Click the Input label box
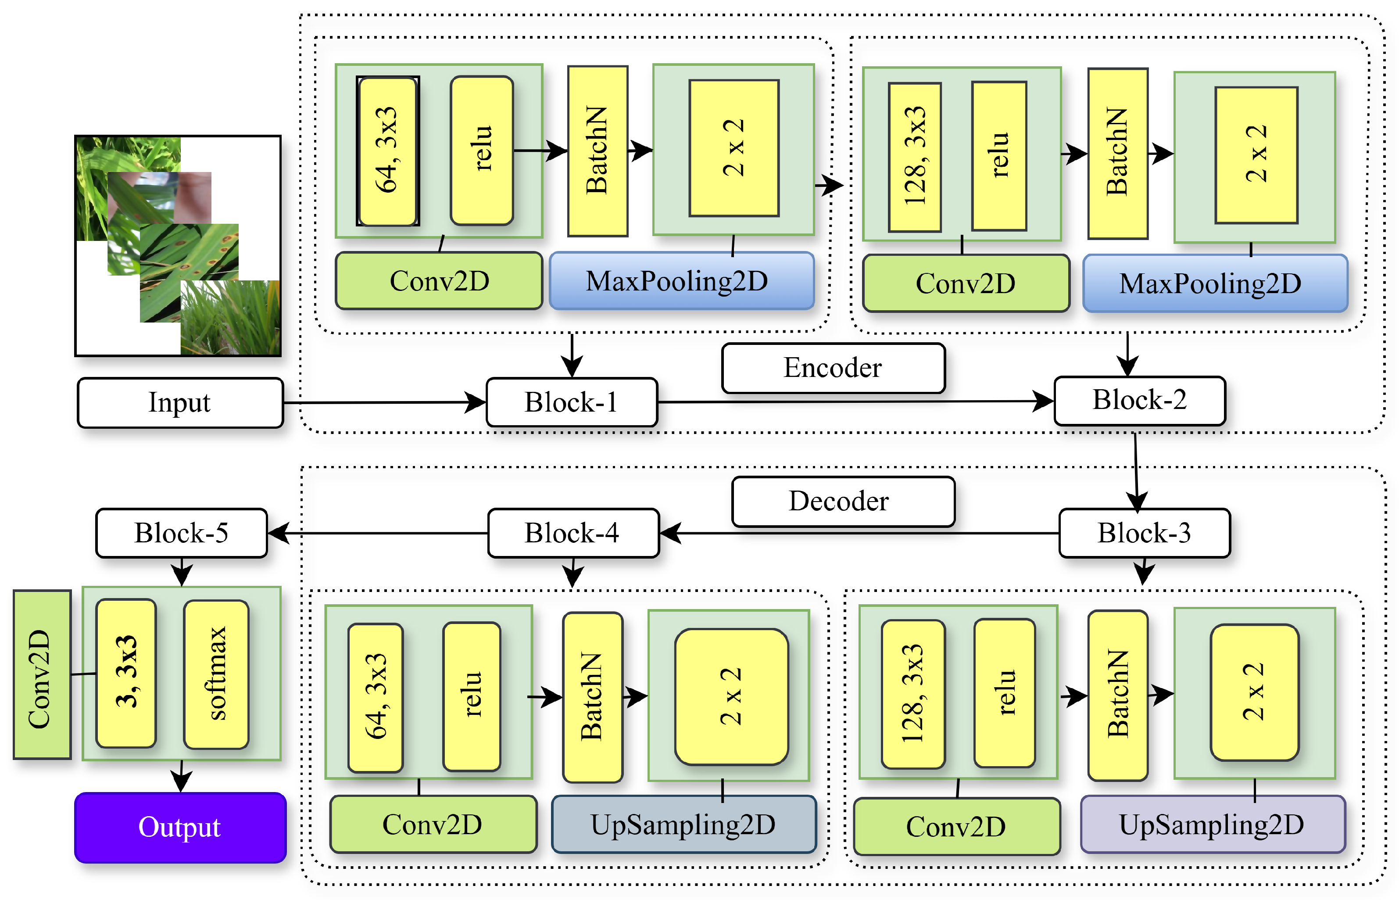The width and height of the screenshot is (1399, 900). point(180,403)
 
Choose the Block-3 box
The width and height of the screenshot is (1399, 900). point(1144,533)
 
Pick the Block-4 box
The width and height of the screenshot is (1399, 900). point(572,533)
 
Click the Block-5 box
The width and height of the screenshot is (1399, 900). point(181,533)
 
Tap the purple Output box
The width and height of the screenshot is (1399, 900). point(180,827)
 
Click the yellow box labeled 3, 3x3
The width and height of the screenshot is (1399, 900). point(126,673)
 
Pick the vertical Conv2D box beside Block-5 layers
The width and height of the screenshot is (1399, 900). point(42,675)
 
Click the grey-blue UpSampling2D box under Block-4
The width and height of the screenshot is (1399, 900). point(683,824)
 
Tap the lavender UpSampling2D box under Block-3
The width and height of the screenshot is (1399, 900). point(1212,824)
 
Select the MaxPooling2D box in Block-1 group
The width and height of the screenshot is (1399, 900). point(681,280)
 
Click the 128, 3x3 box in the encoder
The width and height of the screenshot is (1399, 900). point(914,157)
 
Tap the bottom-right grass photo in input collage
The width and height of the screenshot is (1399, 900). point(230,317)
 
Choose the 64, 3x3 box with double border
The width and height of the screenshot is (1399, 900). point(387,151)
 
